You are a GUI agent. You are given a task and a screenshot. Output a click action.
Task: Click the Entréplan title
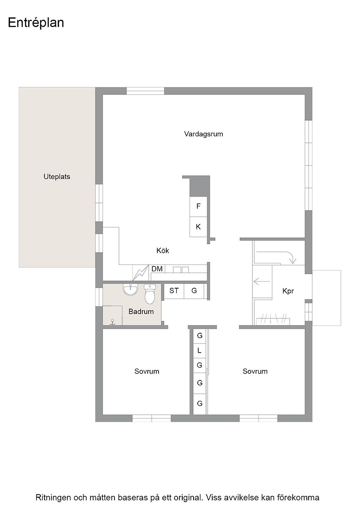(36, 23)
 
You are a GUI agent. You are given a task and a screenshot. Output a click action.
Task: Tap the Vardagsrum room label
(204, 134)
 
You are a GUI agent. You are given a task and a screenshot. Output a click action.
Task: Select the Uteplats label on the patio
(57, 177)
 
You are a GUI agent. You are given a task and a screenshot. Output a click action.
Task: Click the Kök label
(163, 250)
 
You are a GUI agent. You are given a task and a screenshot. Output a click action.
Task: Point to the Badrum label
(141, 312)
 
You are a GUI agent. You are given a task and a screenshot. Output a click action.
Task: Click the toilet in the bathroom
(150, 294)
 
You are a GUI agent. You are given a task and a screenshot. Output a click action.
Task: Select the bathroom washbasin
(130, 289)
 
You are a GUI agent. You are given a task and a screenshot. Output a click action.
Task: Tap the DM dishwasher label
(157, 269)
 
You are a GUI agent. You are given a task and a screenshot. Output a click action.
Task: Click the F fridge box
(198, 206)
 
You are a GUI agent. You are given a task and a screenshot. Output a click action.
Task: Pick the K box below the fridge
(198, 227)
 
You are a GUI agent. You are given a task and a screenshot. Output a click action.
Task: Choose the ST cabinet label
(174, 290)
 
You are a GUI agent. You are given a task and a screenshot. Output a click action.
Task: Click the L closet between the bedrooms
(200, 350)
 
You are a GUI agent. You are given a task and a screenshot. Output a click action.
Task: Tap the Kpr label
(288, 291)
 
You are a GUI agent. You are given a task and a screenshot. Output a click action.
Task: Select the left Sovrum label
(147, 371)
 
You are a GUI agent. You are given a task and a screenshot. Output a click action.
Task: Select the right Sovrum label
(255, 371)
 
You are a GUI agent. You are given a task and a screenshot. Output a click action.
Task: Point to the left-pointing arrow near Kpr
(262, 281)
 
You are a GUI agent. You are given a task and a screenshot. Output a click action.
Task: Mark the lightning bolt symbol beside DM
(140, 273)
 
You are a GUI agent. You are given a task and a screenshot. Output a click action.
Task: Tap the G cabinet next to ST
(194, 291)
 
